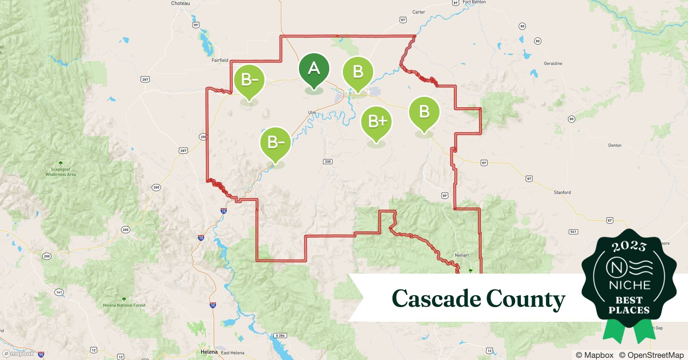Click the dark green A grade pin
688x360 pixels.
[x=314, y=69]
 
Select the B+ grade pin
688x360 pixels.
[x=376, y=122]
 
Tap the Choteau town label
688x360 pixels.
[x=180, y=3]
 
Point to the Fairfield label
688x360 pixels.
[x=220, y=60]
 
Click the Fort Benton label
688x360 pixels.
[x=474, y=2]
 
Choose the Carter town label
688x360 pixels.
[x=419, y=12]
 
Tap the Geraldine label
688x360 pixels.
[x=553, y=63]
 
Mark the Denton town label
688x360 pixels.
[x=615, y=145]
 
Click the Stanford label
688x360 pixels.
[x=562, y=193]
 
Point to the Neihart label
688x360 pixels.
[x=462, y=255]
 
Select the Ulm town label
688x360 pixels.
[x=312, y=113]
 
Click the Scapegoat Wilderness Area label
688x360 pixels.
[x=61, y=172]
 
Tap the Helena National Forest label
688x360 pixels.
[x=124, y=305]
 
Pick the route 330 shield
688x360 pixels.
[x=327, y=162]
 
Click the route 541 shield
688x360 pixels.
[x=573, y=231]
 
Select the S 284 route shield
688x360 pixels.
[x=280, y=336]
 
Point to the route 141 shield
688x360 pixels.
[x=59, y=292]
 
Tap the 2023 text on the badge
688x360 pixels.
[x=629, y=246]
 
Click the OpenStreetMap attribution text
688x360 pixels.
[x=651, y=355]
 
